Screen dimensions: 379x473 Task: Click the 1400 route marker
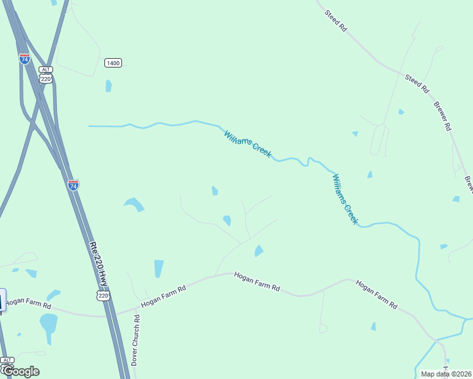(x=113, y=63)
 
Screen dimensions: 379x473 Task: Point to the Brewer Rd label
(x=443, y=114)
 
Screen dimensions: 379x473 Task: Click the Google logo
(x=20, y=371)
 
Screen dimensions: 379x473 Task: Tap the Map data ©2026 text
(x=446, y=374)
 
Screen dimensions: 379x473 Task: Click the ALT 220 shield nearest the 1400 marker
(x=45, y=75)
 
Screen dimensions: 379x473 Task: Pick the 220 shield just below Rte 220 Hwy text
(x=104, y=296)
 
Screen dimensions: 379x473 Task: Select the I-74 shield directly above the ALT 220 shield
(x=25, y=58)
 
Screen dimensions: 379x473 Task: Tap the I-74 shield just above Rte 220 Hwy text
(x=73, y=185)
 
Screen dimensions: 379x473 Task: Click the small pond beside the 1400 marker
(x=109, y=86)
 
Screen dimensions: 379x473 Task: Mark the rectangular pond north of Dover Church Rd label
(x=158, y=268)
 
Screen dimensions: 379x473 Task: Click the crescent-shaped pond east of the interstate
(x=134, y=204)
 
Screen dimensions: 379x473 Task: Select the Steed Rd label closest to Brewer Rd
(x=417, y=83)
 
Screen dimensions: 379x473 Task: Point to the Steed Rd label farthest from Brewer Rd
(x=336, y=21)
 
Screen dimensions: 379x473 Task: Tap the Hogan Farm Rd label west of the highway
(x=29, y=303)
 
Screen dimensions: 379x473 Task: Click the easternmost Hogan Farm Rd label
(x=376, y=294)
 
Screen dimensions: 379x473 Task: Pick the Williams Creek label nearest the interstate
(x=248, y=144)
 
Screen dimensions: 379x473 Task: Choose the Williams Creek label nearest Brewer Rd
(x=345, y=200)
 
